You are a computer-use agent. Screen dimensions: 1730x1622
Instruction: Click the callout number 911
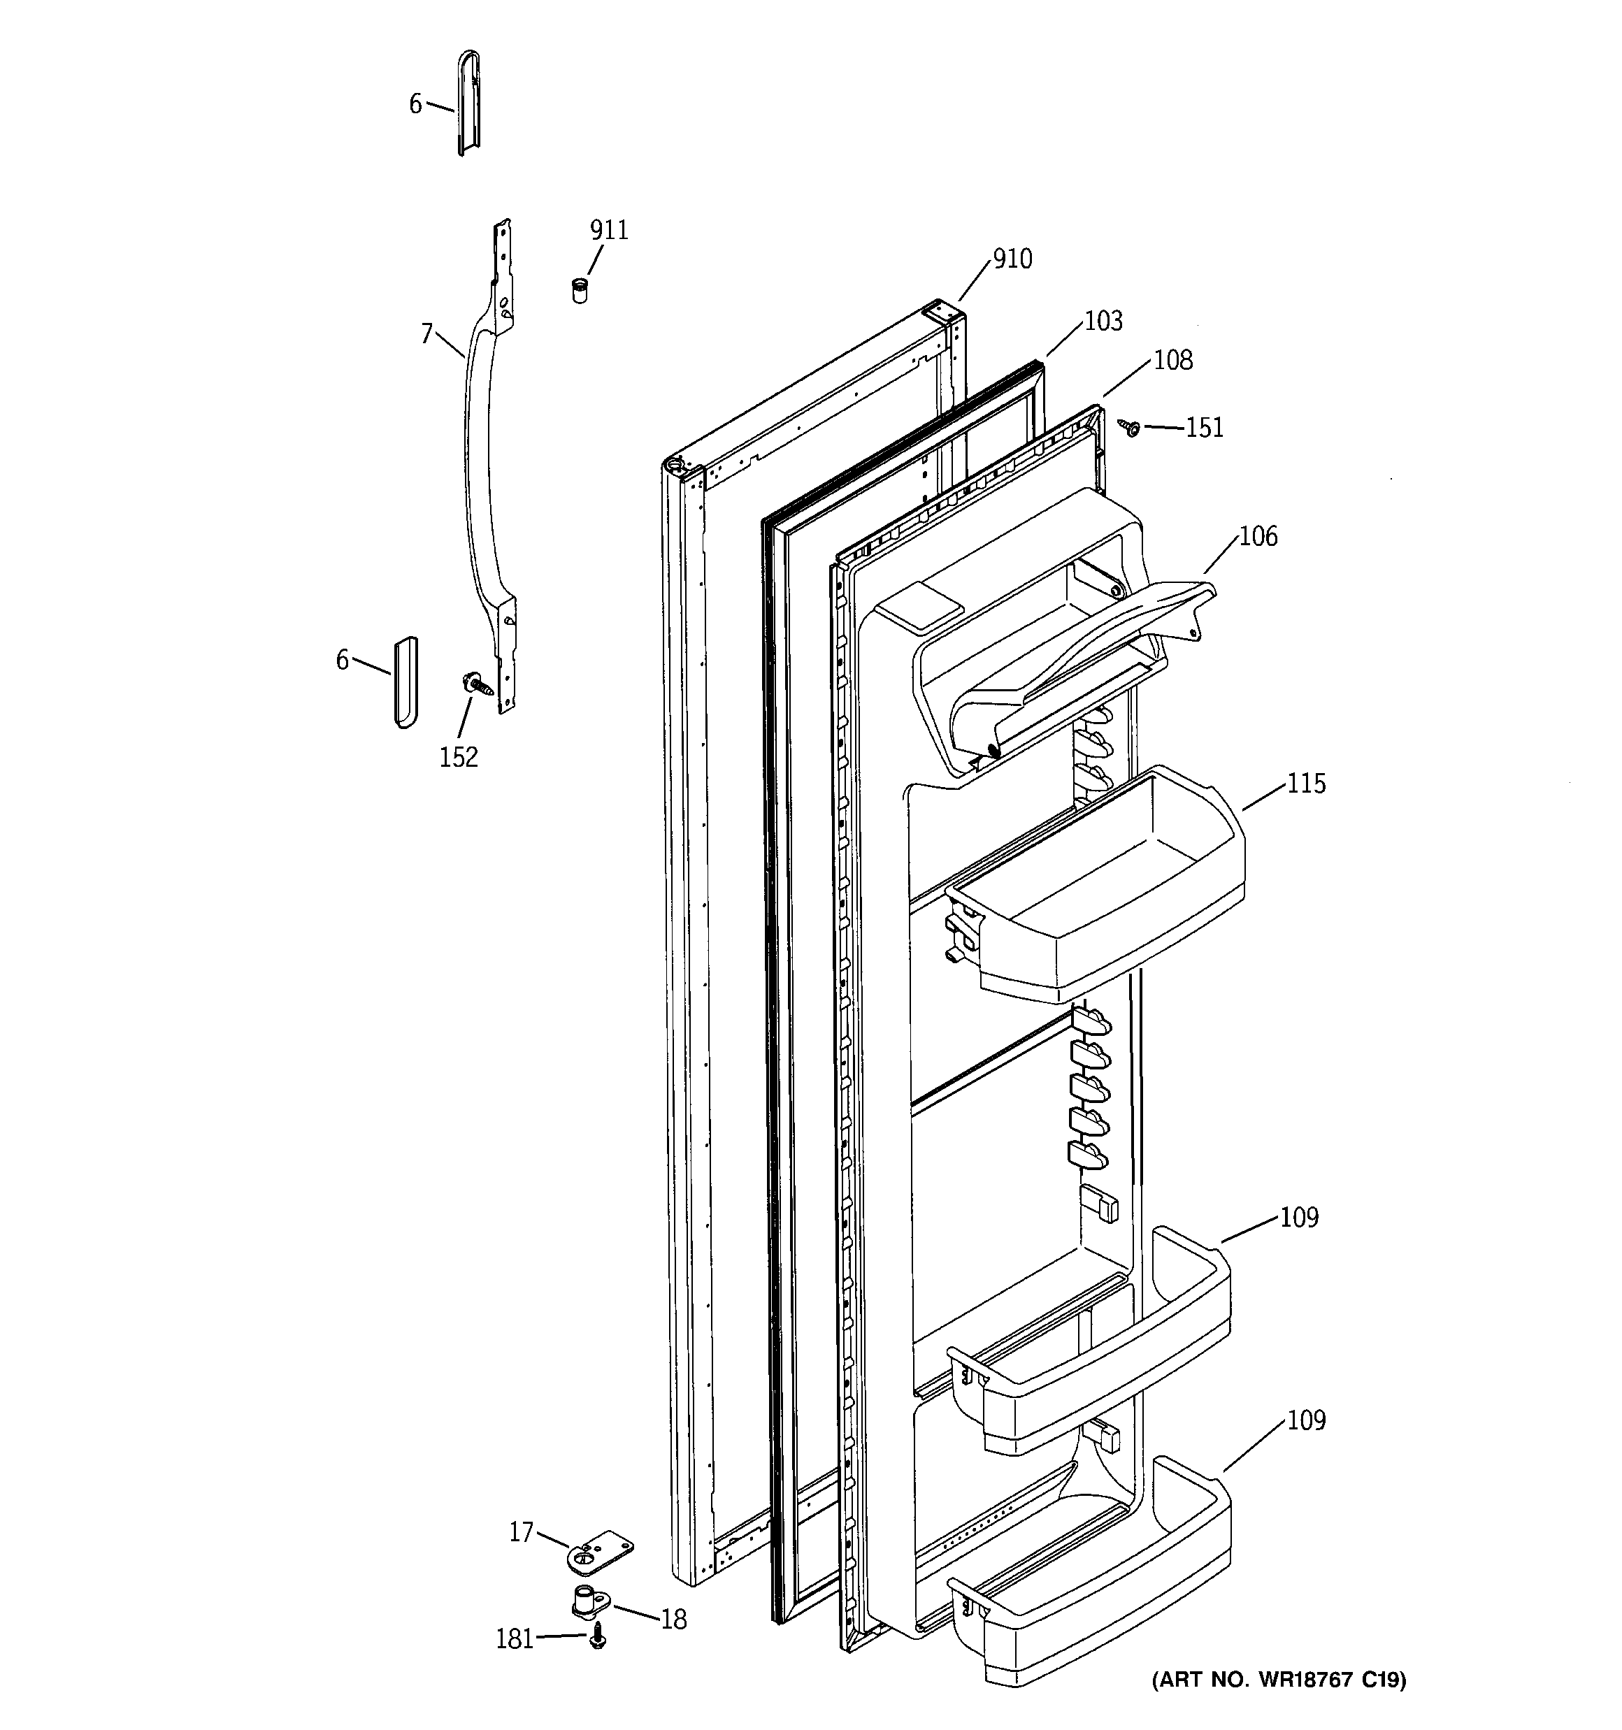coord(608,231)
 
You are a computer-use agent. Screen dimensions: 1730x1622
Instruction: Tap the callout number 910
coord(1012,259)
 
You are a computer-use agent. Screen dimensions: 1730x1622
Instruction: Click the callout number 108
coord(1172,360)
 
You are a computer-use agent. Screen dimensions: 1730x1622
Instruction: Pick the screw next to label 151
coord(1132,427)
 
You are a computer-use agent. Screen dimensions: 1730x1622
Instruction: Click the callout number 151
coord(1204,428)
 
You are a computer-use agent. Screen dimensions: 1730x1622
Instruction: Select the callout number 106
coord(1258,537)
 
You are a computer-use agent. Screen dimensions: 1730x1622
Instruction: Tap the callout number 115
coord(1306,784)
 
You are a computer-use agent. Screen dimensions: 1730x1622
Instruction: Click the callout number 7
coord(426,333)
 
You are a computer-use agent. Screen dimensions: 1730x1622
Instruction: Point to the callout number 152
coord(458,758)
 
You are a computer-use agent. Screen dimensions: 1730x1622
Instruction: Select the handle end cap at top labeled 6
coord(469,103)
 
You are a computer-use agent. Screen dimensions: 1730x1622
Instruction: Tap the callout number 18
coord(673,1620)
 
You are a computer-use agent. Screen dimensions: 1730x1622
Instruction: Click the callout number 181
coord(514,1640)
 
